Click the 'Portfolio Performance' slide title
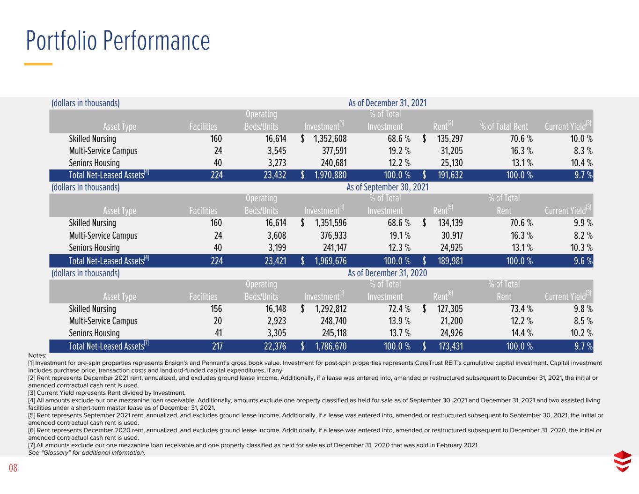118,40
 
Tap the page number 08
13,467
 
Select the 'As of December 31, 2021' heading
387,103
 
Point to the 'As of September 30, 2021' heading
387,187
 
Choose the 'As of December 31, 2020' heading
387,273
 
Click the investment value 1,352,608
330,139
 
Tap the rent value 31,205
451,151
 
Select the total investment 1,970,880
330,175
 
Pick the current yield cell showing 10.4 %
581,162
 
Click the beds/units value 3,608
276,235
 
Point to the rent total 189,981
450,261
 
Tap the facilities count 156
216,309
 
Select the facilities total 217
217,346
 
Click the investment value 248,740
333,320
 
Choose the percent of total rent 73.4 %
521,309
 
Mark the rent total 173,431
450,346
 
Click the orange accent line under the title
38,64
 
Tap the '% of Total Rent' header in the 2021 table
504,126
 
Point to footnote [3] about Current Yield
107,393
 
